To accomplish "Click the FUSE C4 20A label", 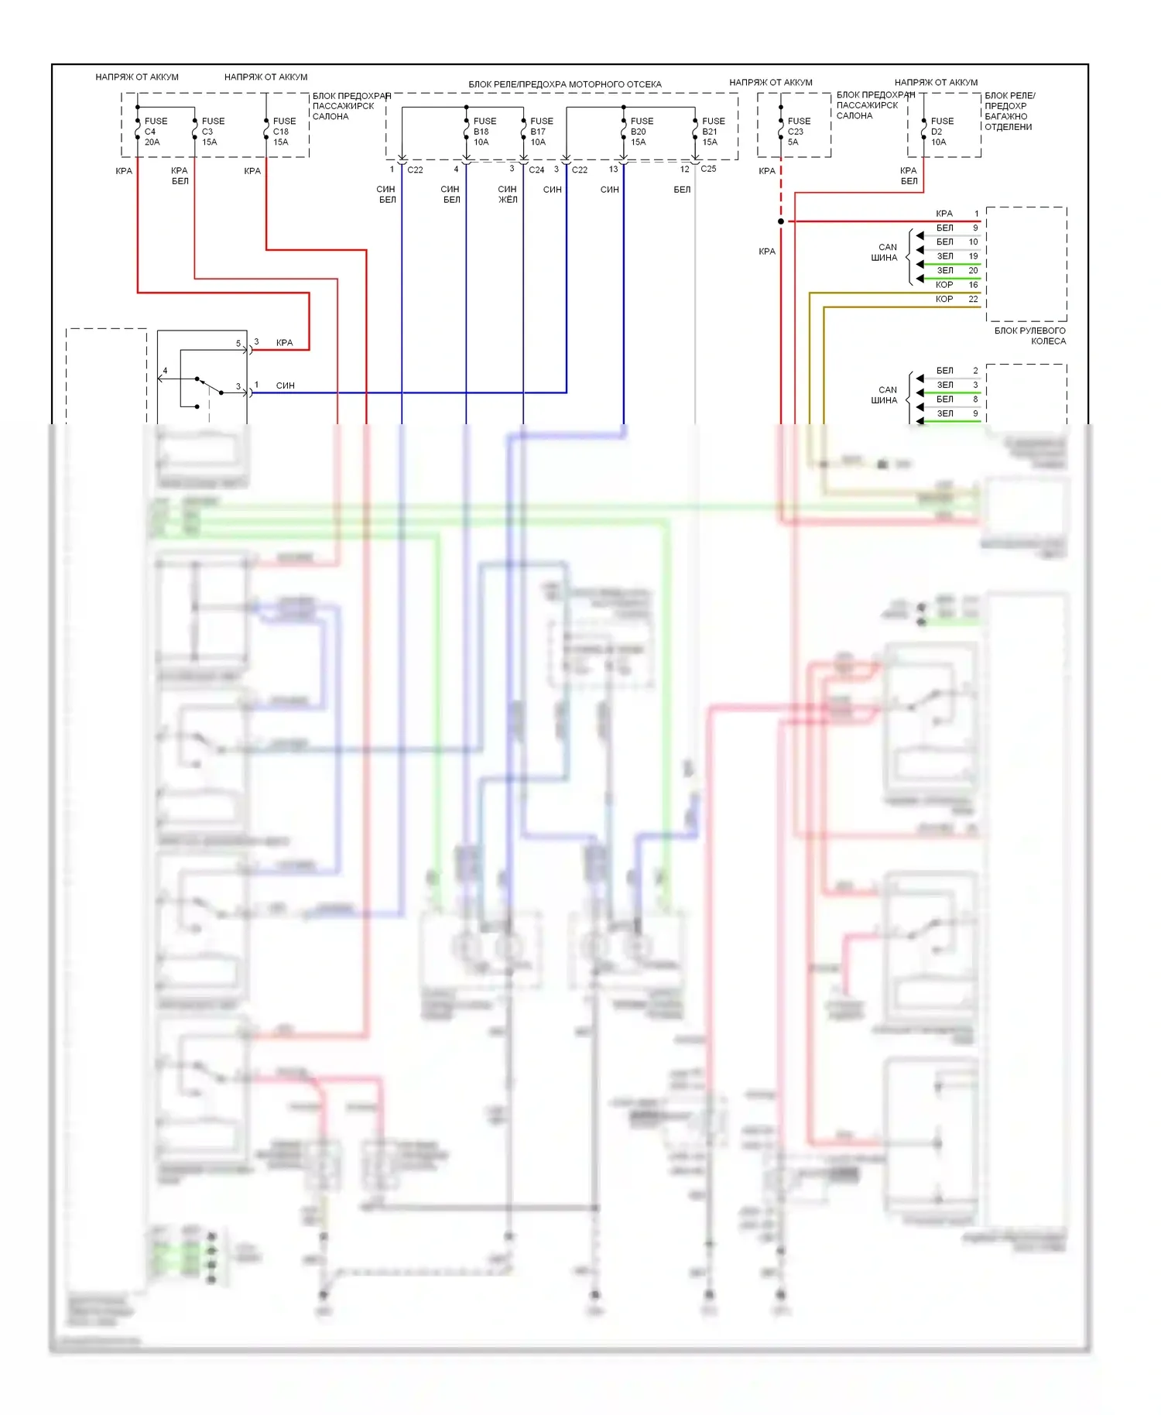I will [x=155, y=132].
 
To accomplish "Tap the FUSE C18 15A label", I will [x=283, y=132].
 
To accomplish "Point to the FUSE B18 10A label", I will [x=484, y=132].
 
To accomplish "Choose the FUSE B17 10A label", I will [x=541, y=132].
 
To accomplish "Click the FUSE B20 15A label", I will [x=641, y=132].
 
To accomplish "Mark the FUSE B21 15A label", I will [x=712, y=132].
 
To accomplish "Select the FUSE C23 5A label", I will [x=798, y=132].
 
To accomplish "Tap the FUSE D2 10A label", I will [x=941, y=132].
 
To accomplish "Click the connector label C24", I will [x=536, y=170].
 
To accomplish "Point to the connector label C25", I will [x=708, y=169].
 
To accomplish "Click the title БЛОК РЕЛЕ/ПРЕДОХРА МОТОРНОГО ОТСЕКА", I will [x=564, y=84].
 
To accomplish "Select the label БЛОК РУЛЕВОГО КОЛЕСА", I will [x=1030, y=336].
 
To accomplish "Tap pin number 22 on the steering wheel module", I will [x=973, y=299].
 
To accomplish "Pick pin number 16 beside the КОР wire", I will [x=973, y=285].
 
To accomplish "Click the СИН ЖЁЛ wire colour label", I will [x=507, y=194].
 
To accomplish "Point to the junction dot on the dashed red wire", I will [x=781, y=221].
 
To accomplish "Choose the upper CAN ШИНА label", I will [x=885, y=252].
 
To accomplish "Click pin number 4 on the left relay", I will [x=165, y=371].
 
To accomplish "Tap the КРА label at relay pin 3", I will [x=284, y=342].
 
